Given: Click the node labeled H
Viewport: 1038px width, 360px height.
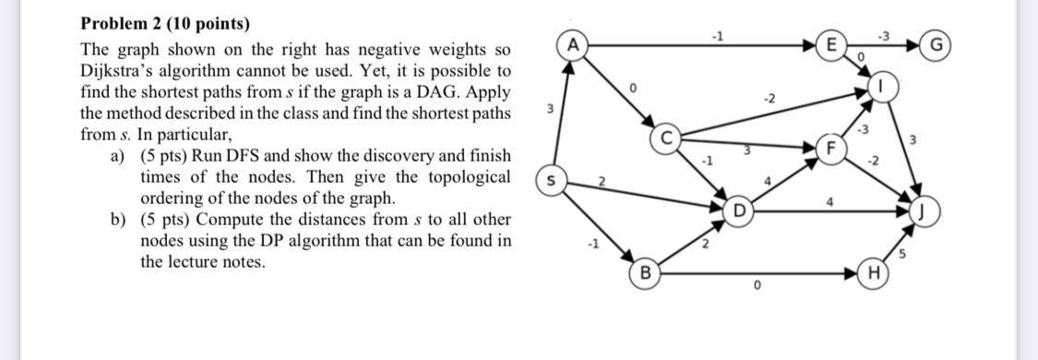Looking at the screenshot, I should [870, 273].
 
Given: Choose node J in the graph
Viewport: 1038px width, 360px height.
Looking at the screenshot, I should [923, 213].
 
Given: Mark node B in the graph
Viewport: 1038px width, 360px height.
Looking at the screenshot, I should [645, 273].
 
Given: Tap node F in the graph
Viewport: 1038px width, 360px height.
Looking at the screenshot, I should [831, 147].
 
